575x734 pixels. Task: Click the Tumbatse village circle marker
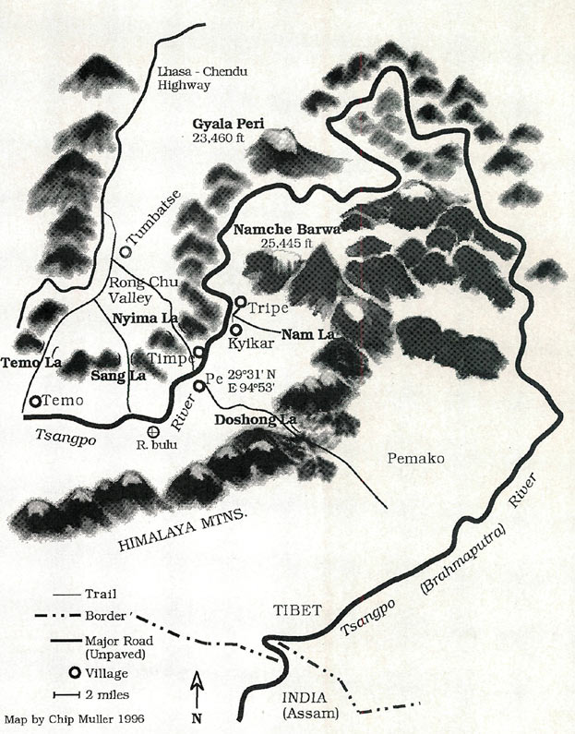coord(125,248)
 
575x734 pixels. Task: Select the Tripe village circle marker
coord(240,303)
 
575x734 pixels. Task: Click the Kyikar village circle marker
coord(235,329)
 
